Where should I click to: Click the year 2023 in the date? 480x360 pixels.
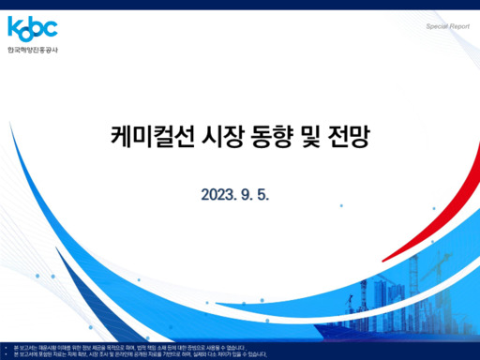click(x=218, y=195)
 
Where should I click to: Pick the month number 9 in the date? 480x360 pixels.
click(x=248, y=195)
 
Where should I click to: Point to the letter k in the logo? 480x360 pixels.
click(x=12, y=27)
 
